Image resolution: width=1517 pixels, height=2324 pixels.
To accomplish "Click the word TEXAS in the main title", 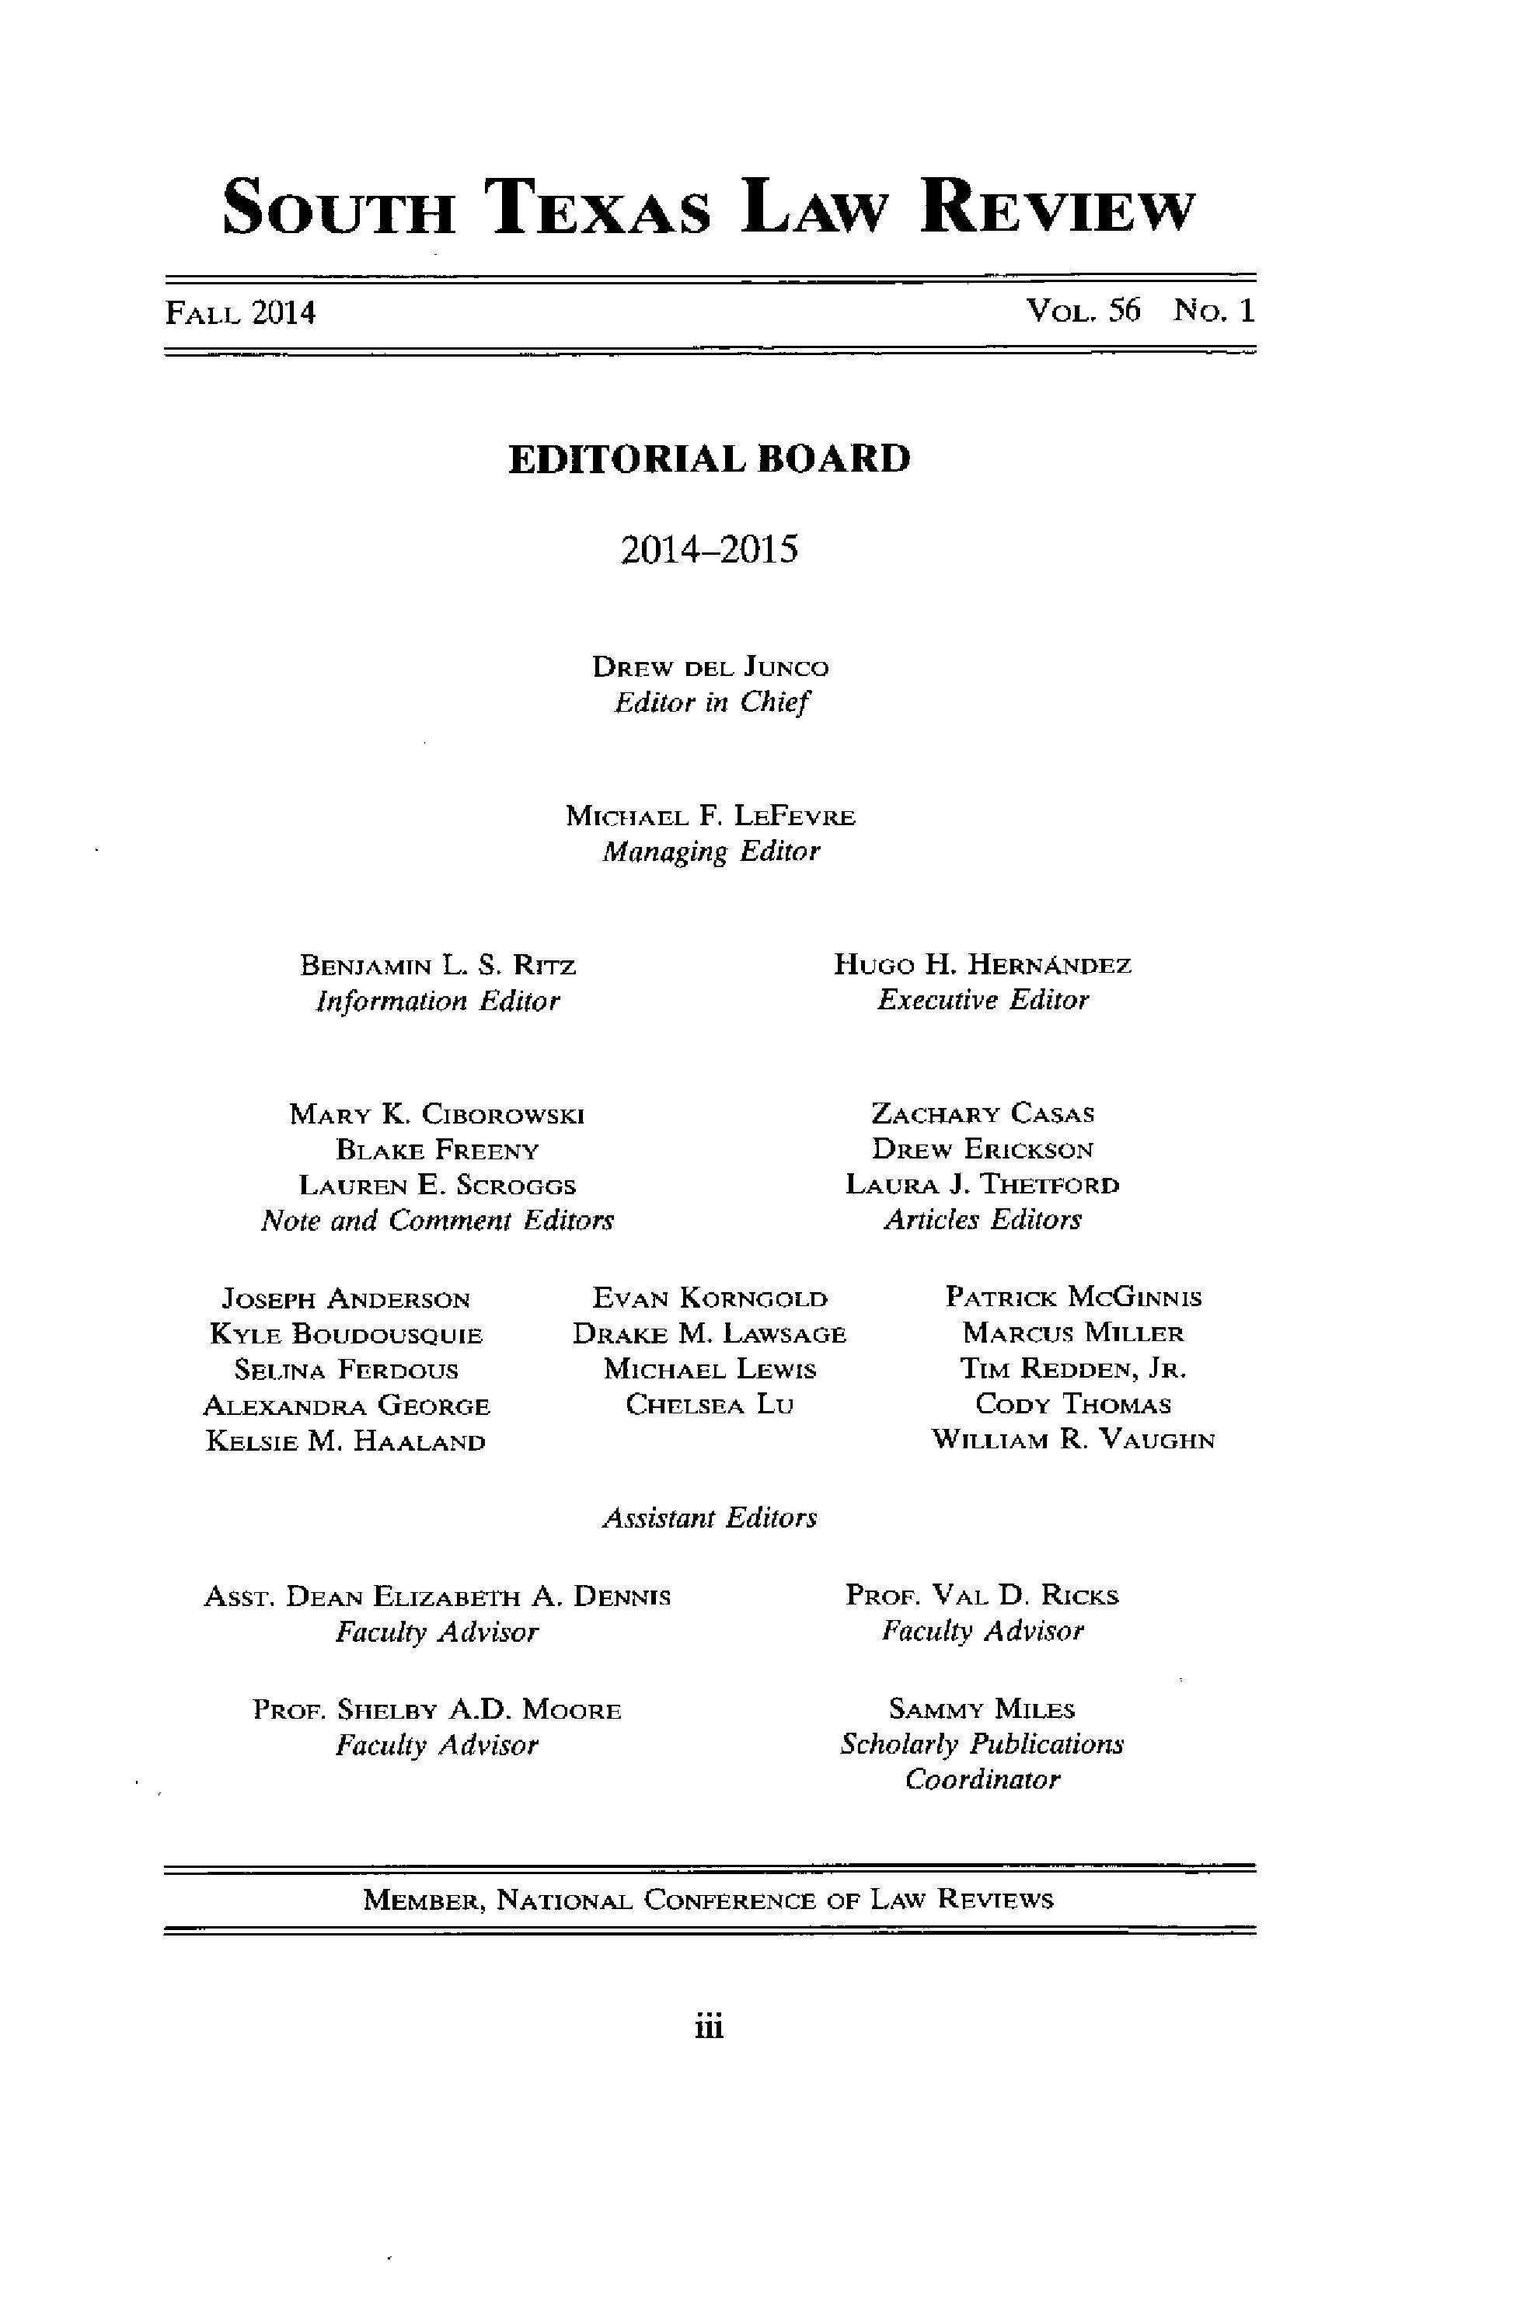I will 601,208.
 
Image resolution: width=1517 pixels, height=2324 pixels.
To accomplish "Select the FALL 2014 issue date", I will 240,312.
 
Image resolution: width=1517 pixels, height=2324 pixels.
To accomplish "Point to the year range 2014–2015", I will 710,550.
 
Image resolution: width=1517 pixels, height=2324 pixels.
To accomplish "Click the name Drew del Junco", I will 710,668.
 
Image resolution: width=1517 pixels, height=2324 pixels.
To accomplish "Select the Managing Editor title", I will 710,852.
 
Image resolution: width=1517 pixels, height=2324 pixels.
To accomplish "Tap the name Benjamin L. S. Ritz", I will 438,966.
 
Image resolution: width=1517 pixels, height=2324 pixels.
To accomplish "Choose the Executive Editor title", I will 982,1000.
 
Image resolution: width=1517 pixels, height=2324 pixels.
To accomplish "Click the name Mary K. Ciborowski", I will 437,1113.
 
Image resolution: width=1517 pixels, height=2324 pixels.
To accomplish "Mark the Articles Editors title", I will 982,1220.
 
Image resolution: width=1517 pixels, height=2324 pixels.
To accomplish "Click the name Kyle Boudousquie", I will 346,1334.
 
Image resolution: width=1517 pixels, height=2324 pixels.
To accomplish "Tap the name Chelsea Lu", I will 710,1405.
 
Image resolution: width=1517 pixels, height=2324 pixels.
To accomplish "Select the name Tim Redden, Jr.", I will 1073,1369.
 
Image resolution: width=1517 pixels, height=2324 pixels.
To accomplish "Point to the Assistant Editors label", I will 710,1517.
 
